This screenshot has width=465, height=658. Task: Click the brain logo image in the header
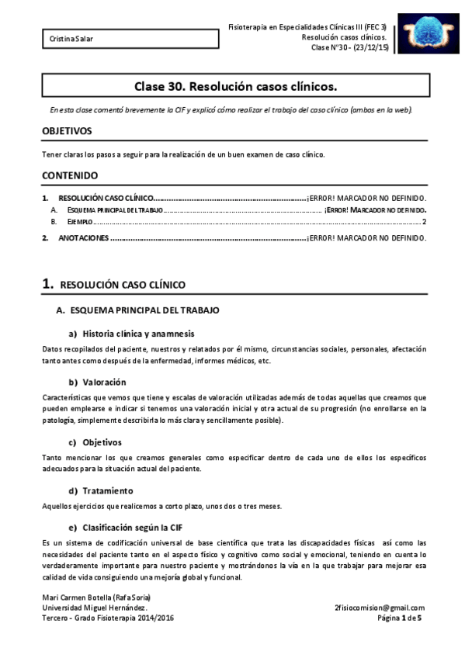coord(426,34)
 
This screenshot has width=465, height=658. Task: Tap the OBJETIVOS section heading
coord(67,131)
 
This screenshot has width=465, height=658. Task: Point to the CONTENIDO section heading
coord(69,175)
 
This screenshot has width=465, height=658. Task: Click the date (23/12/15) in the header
coord(365,48)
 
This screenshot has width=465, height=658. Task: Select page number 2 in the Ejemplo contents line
coord(424,222)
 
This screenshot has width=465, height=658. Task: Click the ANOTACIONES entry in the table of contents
coord(83,237)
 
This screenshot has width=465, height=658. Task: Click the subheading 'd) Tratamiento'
coord(101,490)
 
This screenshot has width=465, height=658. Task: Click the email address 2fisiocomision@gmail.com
coord(380,608)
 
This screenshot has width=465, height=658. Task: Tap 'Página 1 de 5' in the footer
coord(401,618)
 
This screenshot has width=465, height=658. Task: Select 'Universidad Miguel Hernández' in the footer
coord(94,608)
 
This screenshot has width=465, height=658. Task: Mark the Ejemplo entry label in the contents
coord(75,222)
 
